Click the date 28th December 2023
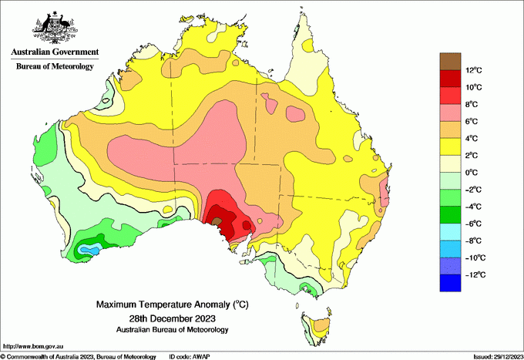172,318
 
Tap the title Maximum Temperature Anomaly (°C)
172,305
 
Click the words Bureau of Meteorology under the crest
55,66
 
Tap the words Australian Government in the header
55,52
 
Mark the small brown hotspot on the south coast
217,221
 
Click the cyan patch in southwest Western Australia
91,250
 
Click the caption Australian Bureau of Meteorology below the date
172,330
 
